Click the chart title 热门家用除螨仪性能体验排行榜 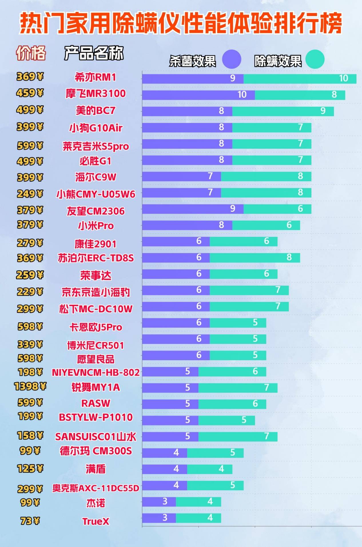[181, 23]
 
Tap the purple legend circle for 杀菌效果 [231, 59]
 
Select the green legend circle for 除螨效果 [315, 59]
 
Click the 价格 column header [31, 53]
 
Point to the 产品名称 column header [94, 53]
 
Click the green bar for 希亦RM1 [300, 79]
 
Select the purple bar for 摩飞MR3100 [198, 95]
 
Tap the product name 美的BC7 [96, 111]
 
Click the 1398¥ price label [30, 387]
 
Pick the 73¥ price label [30, 521]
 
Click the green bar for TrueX [198, 518]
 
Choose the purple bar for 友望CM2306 [192, 209]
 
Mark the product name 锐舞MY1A [96, 387]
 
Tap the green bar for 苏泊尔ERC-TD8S [254, 258]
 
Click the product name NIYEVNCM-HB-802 [96, 372]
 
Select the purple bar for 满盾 [164, 469]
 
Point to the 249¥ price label [30, 194]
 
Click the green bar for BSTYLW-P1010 [226, 420]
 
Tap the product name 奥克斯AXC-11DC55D [96, 488]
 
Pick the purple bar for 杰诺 [159, 502]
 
